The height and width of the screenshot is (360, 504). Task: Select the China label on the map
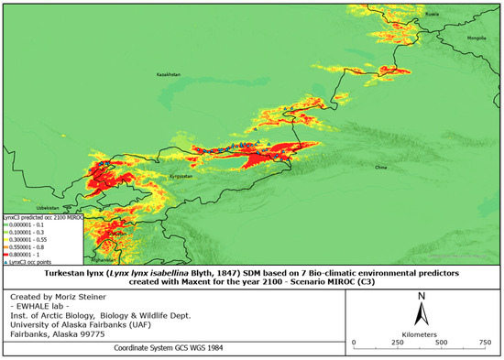coord(381,169)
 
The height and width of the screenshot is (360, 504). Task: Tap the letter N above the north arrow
coord(419,296)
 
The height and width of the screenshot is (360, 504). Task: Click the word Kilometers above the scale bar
coord(421,331)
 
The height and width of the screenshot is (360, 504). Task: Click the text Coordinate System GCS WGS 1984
coord(167,348)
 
